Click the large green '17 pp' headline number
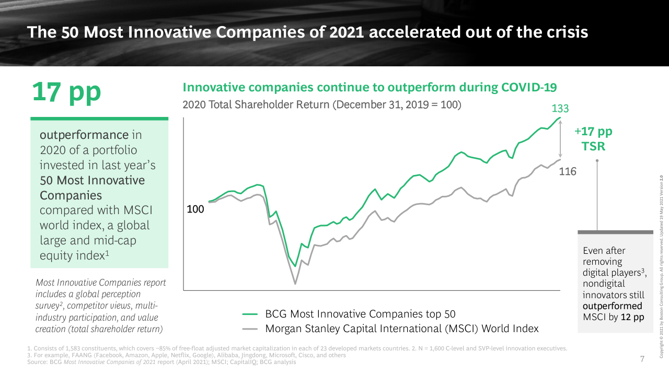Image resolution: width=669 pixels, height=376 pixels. pyautogui.click(x=66, y=92)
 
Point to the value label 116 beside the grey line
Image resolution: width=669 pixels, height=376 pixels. pyautogui.click(x=568, y=171)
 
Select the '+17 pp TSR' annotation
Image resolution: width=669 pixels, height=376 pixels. pyautogui.click(x=593, y=139)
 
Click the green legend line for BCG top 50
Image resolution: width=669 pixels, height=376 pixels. pyautogui.click(x=251, y=314)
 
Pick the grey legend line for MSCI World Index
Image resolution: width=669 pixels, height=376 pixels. pyautogui.click(x=251, y=329)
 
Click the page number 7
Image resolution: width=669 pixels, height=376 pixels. pyautogui.click(x=642, y=359)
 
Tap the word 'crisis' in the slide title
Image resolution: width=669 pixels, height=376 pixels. pyautogui.click(x=567, y=32)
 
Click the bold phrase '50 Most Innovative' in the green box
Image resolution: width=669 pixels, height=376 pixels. pyautogui.click(x=93, y=180)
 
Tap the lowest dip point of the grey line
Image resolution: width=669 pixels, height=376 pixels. pyautogui.click(x=295, y=284)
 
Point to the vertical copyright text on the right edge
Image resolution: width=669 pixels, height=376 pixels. pyautogui.click(x=661, y=266)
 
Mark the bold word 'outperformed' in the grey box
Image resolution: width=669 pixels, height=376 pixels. pyautogui.click(x=612, y=306)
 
